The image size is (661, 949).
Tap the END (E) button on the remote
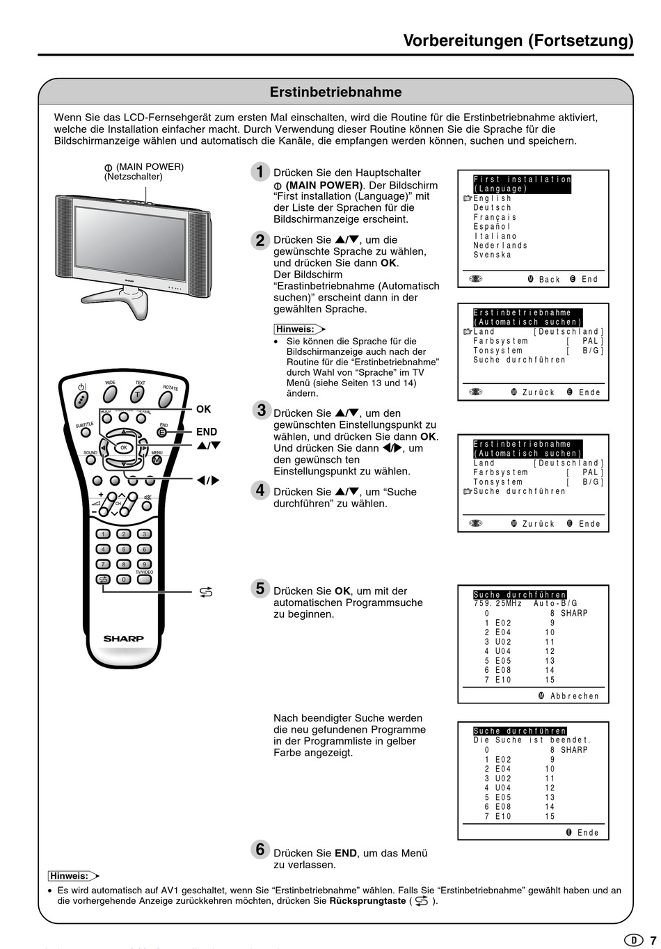pyautogui.click(x=161, y=433)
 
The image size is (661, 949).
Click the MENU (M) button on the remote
pyautogui.click(x=157, y=461)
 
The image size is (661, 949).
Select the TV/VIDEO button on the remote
pyautogui.click(x=144, y=579)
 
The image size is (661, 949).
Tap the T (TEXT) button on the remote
pyautogui.click(x=138, y=394)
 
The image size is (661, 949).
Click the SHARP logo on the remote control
pyautogui.click(x=124, y=638)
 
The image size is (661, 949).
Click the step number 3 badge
pyautogui.click(x=261, y=410)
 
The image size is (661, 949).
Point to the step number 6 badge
pyautogui.click(x=260, y=850)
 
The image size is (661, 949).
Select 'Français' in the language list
pyautogui.click(x=495, y=217)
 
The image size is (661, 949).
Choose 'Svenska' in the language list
pyautogui.click(x=493, y=255)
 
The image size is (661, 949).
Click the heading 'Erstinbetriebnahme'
pyautogui.click(x=335, y=92)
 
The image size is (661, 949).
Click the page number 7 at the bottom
pyautogui.click(x=653, y=940)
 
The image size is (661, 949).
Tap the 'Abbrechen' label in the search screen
pyautogui.click(x=575, y=696)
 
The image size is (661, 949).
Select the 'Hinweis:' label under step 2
pyautogui.click(x=294, y=329)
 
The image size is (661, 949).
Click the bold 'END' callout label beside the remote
pyautogui.click(x=207, y=432)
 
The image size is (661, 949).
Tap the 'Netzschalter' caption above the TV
pyautogui.click(x=133, y=177)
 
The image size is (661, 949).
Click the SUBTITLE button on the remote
pyautogui.click(x=86, y=431)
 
